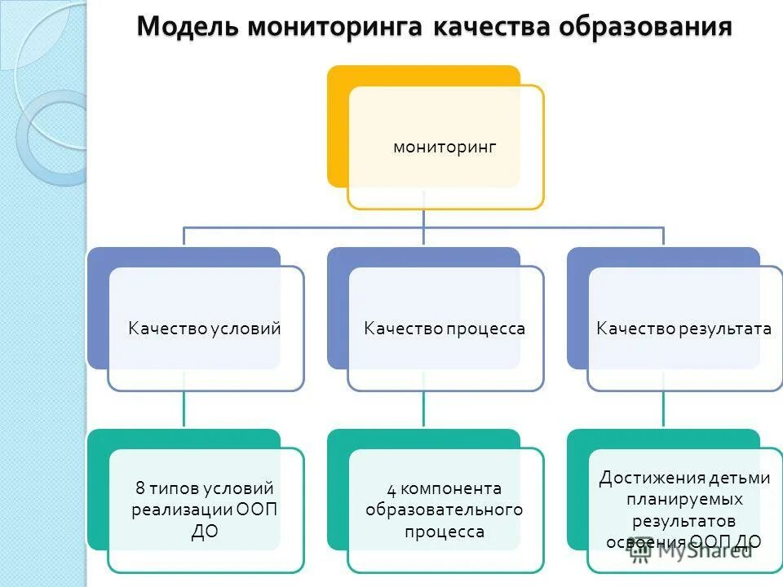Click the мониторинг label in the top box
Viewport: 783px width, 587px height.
pyautogui.click(x=445, y=148)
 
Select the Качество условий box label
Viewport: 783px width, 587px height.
pyautogui.click(x=205, y=329)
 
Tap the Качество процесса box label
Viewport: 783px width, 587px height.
pyautogui.click(x=445, y=329)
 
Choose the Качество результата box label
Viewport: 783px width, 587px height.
pyautogui.click(x=683, y=329)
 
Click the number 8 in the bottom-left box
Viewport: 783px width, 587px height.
pyautogui.click(x=139, y=489)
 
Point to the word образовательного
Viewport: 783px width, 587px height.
pyautogui.click(x=445, y=510)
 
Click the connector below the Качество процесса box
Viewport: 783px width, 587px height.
pyautogui.click(x=423, y=409)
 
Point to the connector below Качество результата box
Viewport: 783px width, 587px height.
pyautogui.click(x=663, y=409)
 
